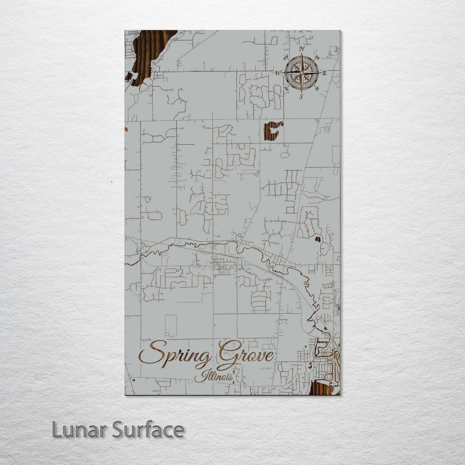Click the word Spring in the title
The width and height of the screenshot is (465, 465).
[175, 356]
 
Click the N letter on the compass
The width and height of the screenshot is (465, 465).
[302, 49]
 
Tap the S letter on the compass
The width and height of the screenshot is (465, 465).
[301, 96]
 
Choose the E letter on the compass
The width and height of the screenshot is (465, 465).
[324, 73]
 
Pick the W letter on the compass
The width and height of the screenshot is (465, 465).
[278, 73]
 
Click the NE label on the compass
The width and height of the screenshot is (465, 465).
[317, 58]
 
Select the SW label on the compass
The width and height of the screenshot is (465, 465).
[285, 88]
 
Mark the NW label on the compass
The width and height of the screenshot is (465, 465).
[285, 58]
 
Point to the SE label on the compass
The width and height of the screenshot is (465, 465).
[317, 88]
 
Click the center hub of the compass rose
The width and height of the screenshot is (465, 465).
[301, 73]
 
